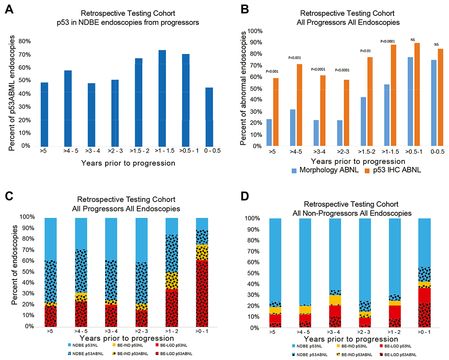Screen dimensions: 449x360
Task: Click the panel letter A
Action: coord(9,9)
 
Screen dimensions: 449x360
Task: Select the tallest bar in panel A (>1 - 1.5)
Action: coord(162,98)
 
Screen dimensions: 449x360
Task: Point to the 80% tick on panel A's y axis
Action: coord(25,41)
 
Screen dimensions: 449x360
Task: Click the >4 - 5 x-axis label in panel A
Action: coord(71,151)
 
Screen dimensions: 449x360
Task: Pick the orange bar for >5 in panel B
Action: coord(276,112)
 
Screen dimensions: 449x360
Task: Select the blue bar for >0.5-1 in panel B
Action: coord(411,101)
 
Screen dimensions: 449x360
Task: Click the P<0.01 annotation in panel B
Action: coord(365,51)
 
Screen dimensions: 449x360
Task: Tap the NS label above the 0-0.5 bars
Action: coord(437,45)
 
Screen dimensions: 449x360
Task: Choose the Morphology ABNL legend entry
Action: coord(325,170)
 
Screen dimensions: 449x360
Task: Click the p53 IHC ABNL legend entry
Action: coord(393,170)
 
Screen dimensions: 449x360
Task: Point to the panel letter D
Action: coord(245,196)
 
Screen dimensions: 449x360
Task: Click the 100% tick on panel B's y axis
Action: coord(255,31)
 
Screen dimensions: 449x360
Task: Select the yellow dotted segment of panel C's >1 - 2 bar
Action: coord(172,281)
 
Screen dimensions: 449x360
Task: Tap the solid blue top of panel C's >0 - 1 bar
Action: coord(202,224)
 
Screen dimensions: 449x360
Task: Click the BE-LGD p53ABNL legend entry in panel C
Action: coord(174,354)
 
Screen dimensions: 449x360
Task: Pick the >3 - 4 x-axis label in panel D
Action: coord(334,332)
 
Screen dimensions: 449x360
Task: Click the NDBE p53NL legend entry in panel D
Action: coord(307,346)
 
